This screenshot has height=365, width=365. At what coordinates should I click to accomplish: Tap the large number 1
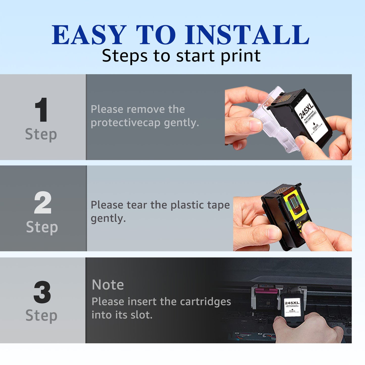[x=41, y=110]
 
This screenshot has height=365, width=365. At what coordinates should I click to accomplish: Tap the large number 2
[x=43, y=203]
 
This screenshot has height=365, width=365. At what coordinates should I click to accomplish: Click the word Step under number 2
[x=42, y=227]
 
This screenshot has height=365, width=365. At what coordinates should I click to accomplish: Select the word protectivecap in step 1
[x=126, y=123]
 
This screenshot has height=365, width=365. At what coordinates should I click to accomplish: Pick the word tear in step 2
[x=136, y=205]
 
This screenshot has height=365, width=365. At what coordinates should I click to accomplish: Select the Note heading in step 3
[x=108, y=285]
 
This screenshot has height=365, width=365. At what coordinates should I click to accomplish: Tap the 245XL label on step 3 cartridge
[x=292, y=303]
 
